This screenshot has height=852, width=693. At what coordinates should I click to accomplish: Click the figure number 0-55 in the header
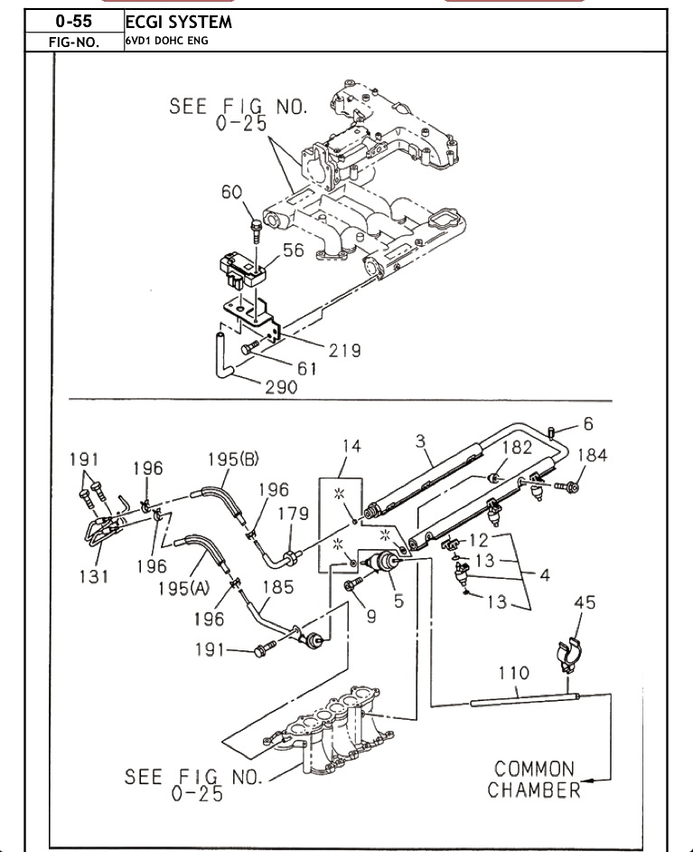coord(74,21)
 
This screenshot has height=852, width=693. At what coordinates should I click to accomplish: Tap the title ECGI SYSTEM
coord(179,23)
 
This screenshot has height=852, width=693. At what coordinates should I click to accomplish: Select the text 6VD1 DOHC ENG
coord(166,41)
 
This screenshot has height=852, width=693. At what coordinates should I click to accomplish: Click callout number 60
coord(231,192)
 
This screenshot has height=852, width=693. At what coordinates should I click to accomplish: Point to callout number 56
coord(294,250)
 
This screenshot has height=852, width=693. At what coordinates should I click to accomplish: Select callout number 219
coord(344,350)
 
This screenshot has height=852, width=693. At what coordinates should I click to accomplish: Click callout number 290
coord(281,387)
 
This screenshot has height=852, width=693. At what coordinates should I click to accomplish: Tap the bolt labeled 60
coord(256,231)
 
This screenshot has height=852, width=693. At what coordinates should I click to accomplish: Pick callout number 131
coord(94,575)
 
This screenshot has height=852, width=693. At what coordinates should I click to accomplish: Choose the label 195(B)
coord(233,459)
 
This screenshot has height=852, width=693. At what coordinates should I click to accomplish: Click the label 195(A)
coord(184,588)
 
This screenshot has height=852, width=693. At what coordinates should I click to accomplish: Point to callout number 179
coord(294,514)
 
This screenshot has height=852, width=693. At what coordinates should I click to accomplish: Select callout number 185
coord(278,587)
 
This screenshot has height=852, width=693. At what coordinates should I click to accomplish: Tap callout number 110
coord(514,673)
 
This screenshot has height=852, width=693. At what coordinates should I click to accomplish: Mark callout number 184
coord(592,455)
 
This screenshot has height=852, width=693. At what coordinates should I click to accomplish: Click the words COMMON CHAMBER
coord(534,779)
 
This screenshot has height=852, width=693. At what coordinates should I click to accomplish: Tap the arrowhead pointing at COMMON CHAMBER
coord(587,781)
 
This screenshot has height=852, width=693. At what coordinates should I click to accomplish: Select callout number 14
coord(351,446)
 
